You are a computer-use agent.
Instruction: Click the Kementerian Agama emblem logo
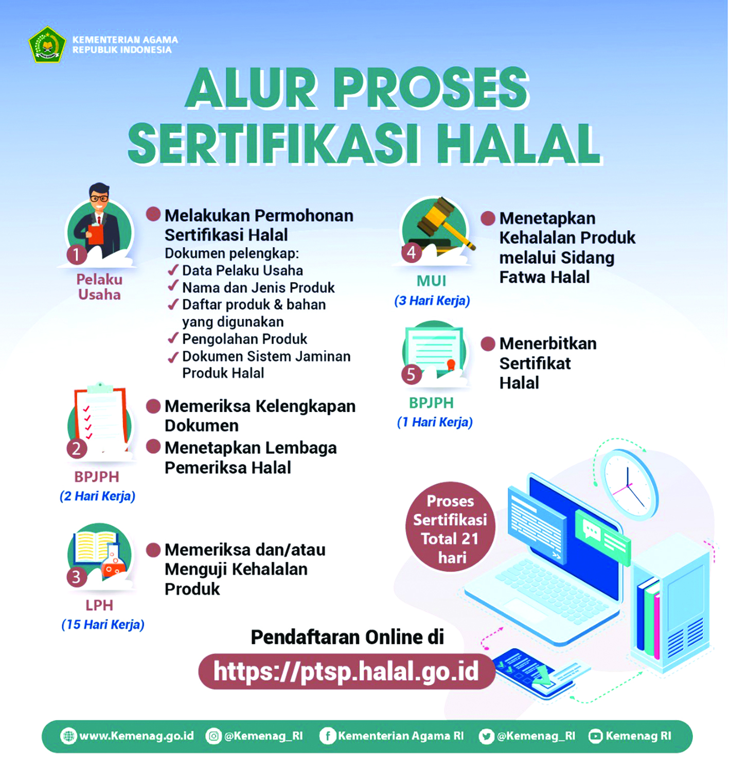[x=47, y=45]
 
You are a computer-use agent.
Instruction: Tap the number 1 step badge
[x=77, y=254]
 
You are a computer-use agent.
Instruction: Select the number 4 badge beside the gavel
[x=412, y=252]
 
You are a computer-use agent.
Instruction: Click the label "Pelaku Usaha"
[x=99, y=287]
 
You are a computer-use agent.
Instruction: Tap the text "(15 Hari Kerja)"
[x=103, y=625]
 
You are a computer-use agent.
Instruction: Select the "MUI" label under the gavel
[x=431, y=281]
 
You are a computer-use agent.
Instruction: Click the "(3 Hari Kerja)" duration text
[x=432, y=301]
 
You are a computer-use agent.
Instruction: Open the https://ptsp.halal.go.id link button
[x=346, y=672]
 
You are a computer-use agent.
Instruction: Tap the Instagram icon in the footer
[x=213, y=736]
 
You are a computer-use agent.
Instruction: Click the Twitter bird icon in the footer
[x=486, y=736]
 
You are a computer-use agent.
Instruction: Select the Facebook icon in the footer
[x=327, y=736]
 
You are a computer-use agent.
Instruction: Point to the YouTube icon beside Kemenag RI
[x=595, y=736]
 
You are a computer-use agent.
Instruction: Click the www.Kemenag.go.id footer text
[x=136, y=736]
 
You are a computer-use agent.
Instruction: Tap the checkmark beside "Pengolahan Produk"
[x=173, y=339]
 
